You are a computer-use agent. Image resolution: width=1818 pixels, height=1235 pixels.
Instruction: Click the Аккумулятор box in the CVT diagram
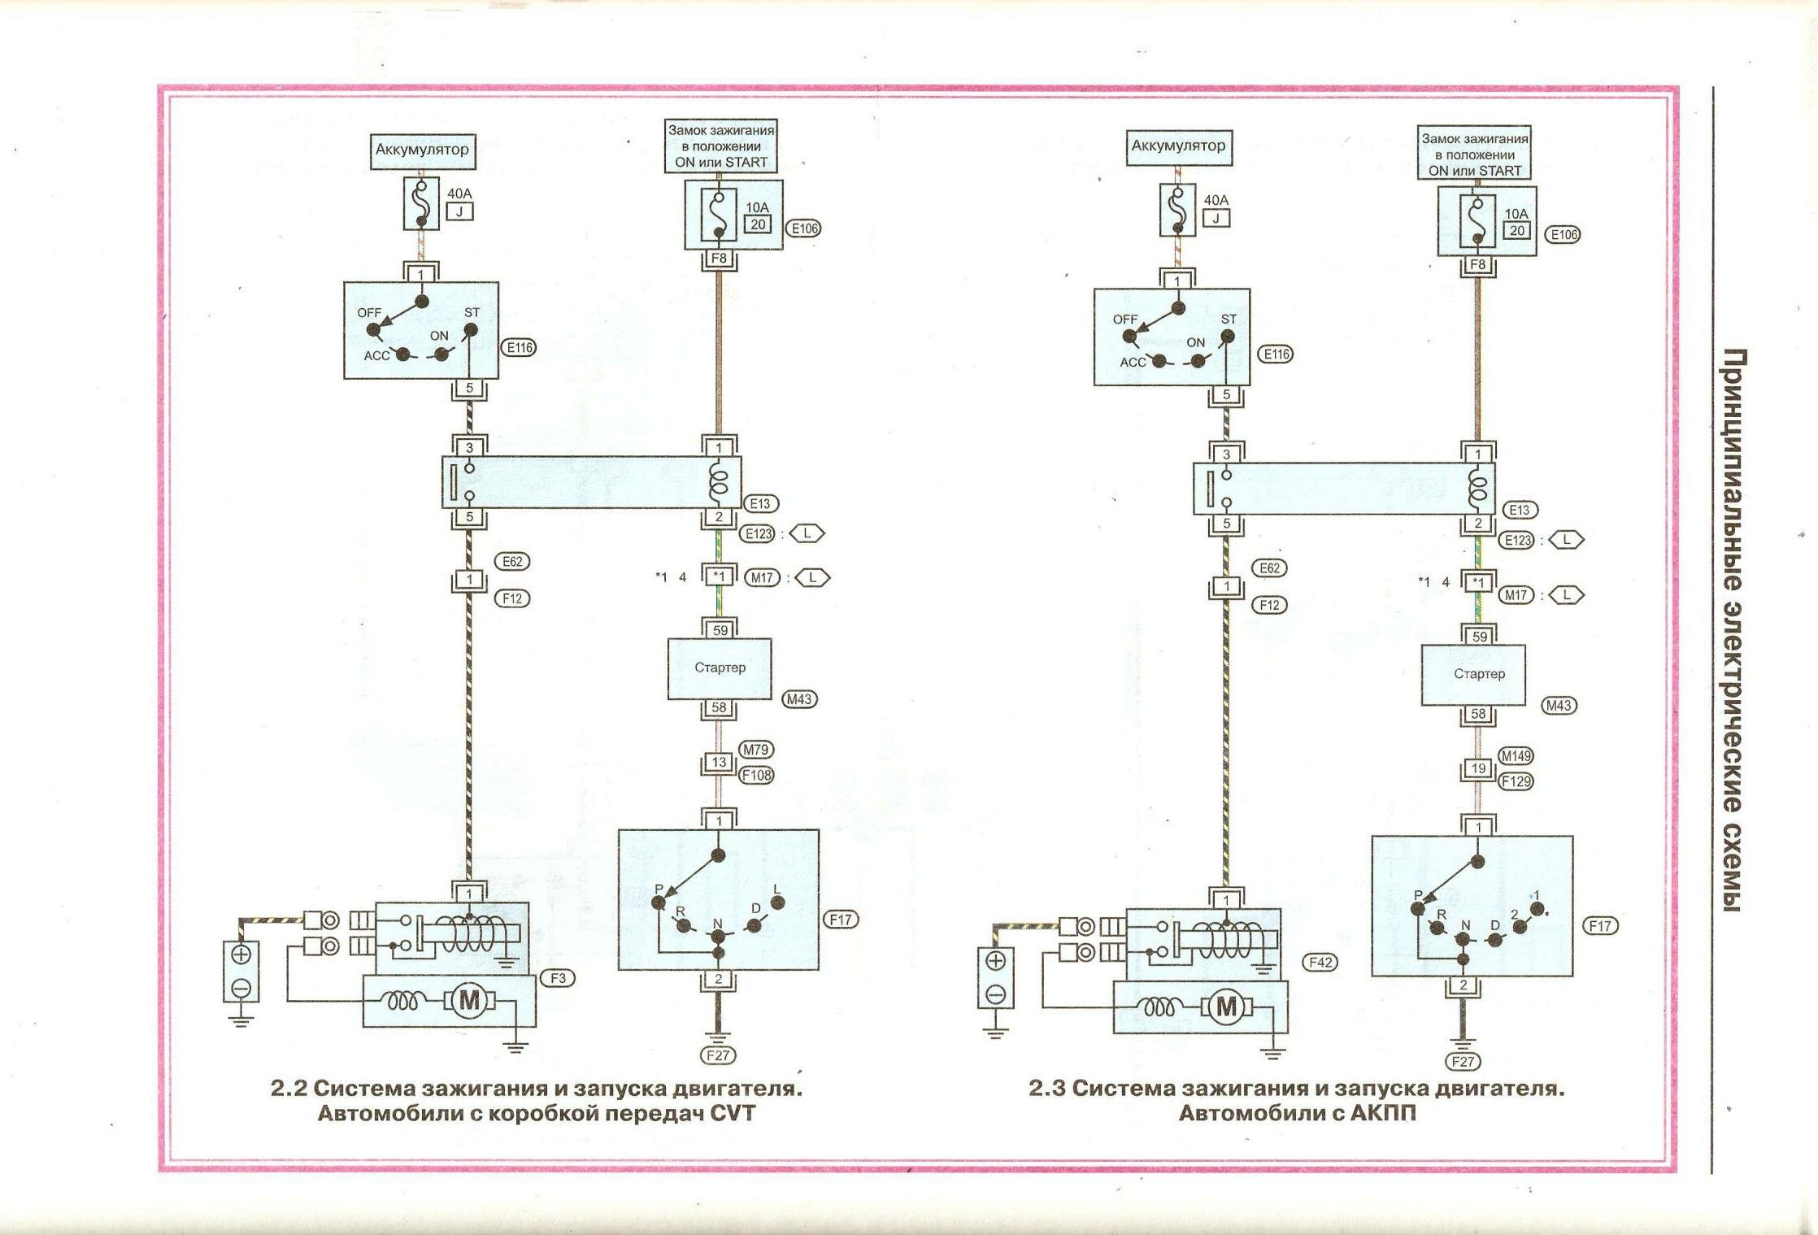point(422,150)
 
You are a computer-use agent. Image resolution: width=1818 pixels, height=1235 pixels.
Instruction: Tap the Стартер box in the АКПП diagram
point(1472,674)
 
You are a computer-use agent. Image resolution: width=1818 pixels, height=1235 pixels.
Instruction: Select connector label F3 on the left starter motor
point(558,978)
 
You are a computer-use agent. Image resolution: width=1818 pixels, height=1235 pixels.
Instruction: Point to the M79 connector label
point(756,750)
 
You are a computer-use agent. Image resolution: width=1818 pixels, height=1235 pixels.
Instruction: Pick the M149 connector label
point(1516,756)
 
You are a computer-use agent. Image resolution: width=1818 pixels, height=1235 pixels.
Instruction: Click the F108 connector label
point(756,775)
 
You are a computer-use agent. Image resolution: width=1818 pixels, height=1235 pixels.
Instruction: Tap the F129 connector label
point(1516,781)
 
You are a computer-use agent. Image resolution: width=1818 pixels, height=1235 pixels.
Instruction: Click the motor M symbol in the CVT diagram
point(470,1000)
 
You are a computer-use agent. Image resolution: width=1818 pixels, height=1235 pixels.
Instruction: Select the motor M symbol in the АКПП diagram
point(1226,1008)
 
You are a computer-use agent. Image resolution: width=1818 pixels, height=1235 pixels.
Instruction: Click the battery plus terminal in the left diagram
point(241,954)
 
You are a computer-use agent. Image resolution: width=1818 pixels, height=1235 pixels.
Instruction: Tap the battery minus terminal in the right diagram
point(996,994)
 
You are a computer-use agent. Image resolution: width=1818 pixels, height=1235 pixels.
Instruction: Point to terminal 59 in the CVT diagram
point(719,630)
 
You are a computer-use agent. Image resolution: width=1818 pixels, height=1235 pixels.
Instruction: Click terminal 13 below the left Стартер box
point(719,763)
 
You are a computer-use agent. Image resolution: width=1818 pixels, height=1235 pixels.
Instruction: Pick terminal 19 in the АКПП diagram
point(1478,769)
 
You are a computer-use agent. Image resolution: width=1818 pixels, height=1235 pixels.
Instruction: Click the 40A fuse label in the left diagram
point(459,194)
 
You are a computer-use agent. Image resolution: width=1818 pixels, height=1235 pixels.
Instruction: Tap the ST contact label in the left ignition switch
point(472,313)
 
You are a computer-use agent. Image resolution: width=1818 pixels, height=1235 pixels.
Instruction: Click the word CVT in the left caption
point(733,1113)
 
